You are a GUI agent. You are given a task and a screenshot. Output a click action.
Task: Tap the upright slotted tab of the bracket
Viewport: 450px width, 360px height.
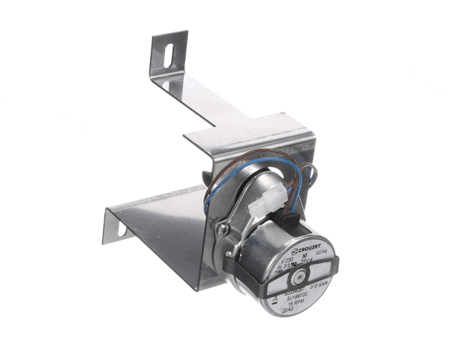pos(168,56)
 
